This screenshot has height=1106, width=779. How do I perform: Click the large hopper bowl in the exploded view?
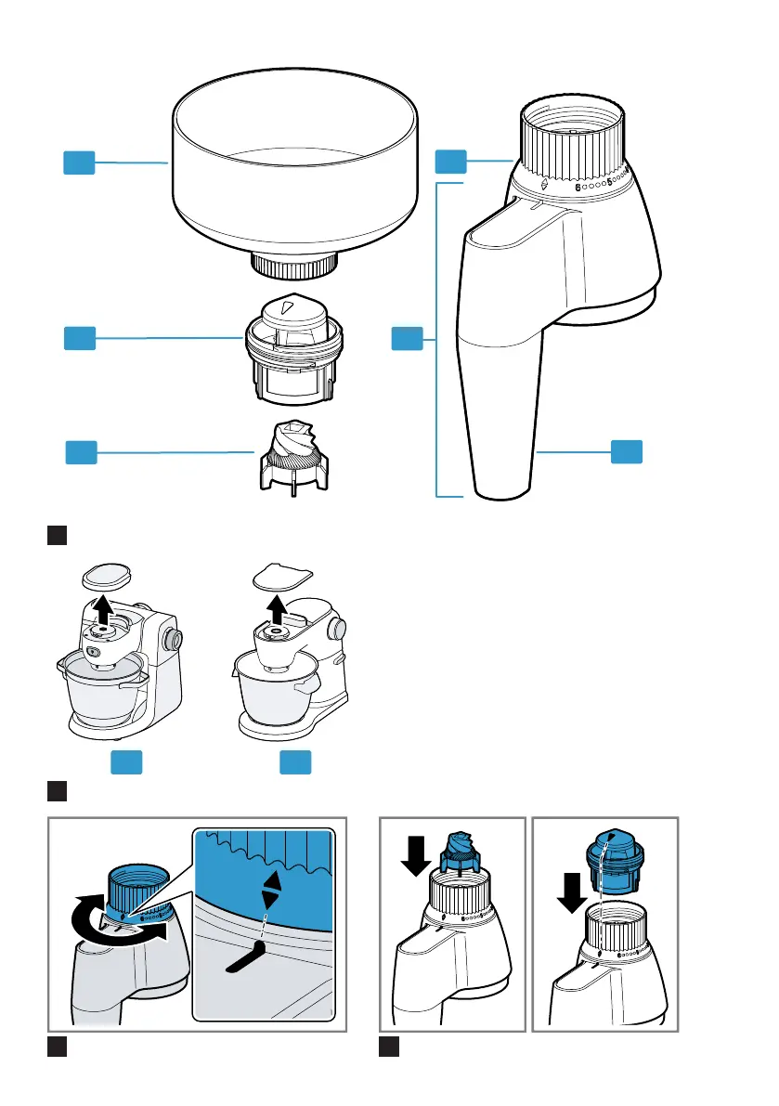[x=295, y=176]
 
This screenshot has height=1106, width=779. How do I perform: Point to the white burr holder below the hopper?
[x=294, y=349]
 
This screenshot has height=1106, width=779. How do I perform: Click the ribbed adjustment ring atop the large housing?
[x=569, y=139]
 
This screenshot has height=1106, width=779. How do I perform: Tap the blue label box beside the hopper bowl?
[x=79, y=163]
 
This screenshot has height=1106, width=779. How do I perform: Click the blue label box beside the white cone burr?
[x=81, y=452]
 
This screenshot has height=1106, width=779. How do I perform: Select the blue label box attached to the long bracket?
[x=406, y=338]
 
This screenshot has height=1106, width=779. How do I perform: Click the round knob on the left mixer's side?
[x=173, y=640]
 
